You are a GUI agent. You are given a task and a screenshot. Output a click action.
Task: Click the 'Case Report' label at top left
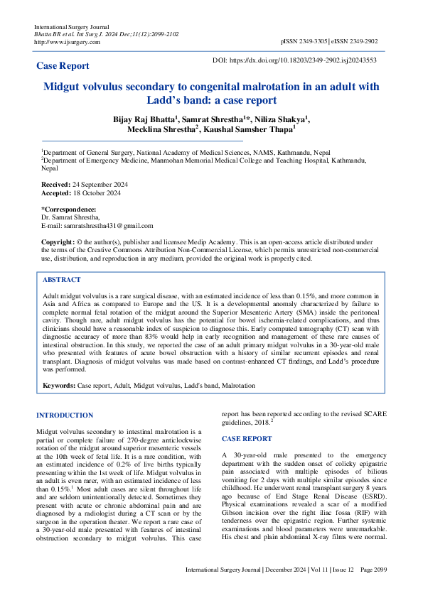(x=63, y=66)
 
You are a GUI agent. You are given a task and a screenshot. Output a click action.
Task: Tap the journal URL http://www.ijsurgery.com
(x=67, y=42)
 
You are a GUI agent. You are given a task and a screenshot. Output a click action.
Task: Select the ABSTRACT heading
(x=62, y=280)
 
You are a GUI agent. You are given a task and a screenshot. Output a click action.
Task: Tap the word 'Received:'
(x=56, y=184)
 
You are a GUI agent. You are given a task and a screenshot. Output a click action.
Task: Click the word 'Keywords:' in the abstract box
(x=59, y=385)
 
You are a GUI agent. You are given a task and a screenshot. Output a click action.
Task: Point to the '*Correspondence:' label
(x=68, y=210)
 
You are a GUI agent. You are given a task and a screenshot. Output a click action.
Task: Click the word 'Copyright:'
(x=58, y=242)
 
